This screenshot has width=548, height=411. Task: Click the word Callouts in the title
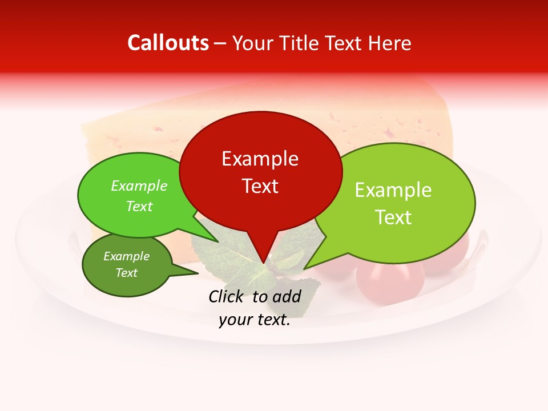click(168, 43)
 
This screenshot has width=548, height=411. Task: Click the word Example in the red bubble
click(260, 159)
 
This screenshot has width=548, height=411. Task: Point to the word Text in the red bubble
click(260, 186)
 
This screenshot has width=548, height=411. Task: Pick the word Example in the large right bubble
click(393, 190)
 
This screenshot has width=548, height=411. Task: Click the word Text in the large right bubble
click(393, 217)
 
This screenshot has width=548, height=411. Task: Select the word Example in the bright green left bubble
click(139, 186)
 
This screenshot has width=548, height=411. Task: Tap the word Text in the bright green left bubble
click(139, 207)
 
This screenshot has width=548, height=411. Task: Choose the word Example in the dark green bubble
click(126, 256)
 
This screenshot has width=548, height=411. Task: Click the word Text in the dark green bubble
click(126, 273)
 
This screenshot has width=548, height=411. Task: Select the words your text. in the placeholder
click(255, 320)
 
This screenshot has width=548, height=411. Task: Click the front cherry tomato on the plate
click(390, 281)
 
